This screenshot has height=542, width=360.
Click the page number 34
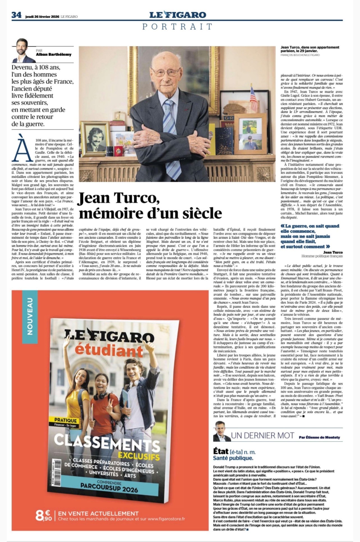tap(16, 15)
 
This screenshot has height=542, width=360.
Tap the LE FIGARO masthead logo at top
tap(177, 15)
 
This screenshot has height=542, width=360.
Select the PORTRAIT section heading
tap(177, 27)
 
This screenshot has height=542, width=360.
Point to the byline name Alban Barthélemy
tap(54, 54)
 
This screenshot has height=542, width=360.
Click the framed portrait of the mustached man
tap(94, 139)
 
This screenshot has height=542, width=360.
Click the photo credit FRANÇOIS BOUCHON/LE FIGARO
tap(300, 55)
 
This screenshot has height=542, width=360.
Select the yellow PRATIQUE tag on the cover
tap(66, 420)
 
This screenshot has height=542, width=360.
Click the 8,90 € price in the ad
tap(43, 515)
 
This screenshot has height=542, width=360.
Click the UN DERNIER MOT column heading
tap(262, 435)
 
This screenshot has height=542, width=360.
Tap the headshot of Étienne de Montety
tap(221, 431)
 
